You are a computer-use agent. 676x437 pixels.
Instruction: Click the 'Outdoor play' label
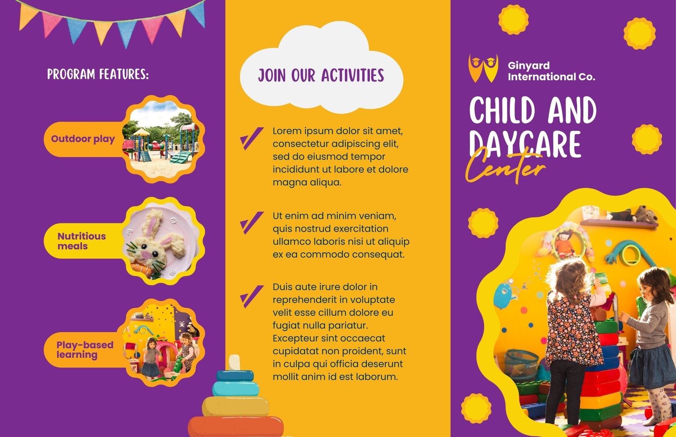83,139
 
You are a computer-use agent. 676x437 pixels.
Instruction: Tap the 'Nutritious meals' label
82,241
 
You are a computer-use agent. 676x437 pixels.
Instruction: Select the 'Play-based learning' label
85,350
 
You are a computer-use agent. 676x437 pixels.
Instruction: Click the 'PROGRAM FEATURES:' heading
98,74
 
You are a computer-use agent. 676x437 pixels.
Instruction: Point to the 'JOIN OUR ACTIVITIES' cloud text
321,75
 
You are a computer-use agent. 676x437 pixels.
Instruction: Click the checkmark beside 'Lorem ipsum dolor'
251,138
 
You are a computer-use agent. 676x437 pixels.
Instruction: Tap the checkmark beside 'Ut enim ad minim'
251,223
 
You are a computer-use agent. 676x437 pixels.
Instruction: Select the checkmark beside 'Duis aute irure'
251,296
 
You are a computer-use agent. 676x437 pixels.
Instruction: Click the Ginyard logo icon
483,68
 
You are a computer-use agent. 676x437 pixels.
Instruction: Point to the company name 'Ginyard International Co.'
551,71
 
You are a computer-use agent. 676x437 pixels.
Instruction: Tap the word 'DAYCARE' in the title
525,144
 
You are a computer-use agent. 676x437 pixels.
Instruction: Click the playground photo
161,139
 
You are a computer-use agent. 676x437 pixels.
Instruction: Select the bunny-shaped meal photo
161,241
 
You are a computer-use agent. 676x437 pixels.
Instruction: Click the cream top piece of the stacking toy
234,362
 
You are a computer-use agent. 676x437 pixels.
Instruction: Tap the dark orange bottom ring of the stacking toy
236,426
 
